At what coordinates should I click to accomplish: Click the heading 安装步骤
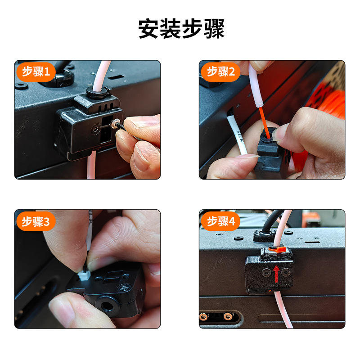181,28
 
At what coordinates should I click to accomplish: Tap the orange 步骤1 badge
36,72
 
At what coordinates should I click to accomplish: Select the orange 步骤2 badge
220,72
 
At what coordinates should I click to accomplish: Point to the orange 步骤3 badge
36,221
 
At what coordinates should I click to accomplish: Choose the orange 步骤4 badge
220,221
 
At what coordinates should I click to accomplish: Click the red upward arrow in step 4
276,274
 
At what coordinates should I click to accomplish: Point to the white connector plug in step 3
84,275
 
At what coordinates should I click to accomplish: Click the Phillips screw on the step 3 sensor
125,288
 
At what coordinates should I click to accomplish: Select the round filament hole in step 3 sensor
106,306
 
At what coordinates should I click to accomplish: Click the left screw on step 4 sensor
266,273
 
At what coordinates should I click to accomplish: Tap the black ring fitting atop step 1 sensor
98,91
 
